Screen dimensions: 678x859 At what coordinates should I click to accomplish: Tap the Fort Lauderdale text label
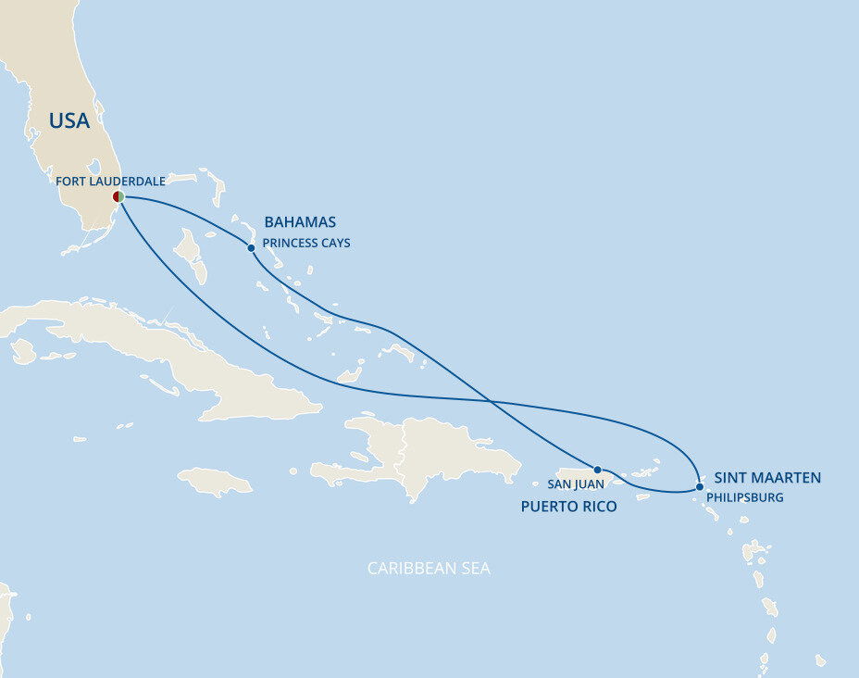point(110,182)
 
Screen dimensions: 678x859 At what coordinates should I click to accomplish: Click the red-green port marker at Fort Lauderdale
point(118,196)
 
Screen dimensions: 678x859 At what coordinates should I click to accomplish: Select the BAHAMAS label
point(300,222)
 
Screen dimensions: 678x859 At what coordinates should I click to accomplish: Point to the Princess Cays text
point(306,244)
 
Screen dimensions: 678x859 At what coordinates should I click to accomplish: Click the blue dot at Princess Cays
point(251,247)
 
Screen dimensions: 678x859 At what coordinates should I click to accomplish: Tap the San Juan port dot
point(598,470)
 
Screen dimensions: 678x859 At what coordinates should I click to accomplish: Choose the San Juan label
point(576,483)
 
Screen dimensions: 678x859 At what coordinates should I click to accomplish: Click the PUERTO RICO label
point(568,507)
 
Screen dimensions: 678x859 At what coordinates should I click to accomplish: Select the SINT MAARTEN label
point(767,478)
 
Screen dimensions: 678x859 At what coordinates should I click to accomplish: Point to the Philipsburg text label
point(744,497)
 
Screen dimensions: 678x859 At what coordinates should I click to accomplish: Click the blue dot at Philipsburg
point(699,486)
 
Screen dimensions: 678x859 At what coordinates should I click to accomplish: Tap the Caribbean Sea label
point(429,568)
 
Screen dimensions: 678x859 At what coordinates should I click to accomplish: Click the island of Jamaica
point(214,481)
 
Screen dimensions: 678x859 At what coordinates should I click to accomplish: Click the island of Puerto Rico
point(592,478)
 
